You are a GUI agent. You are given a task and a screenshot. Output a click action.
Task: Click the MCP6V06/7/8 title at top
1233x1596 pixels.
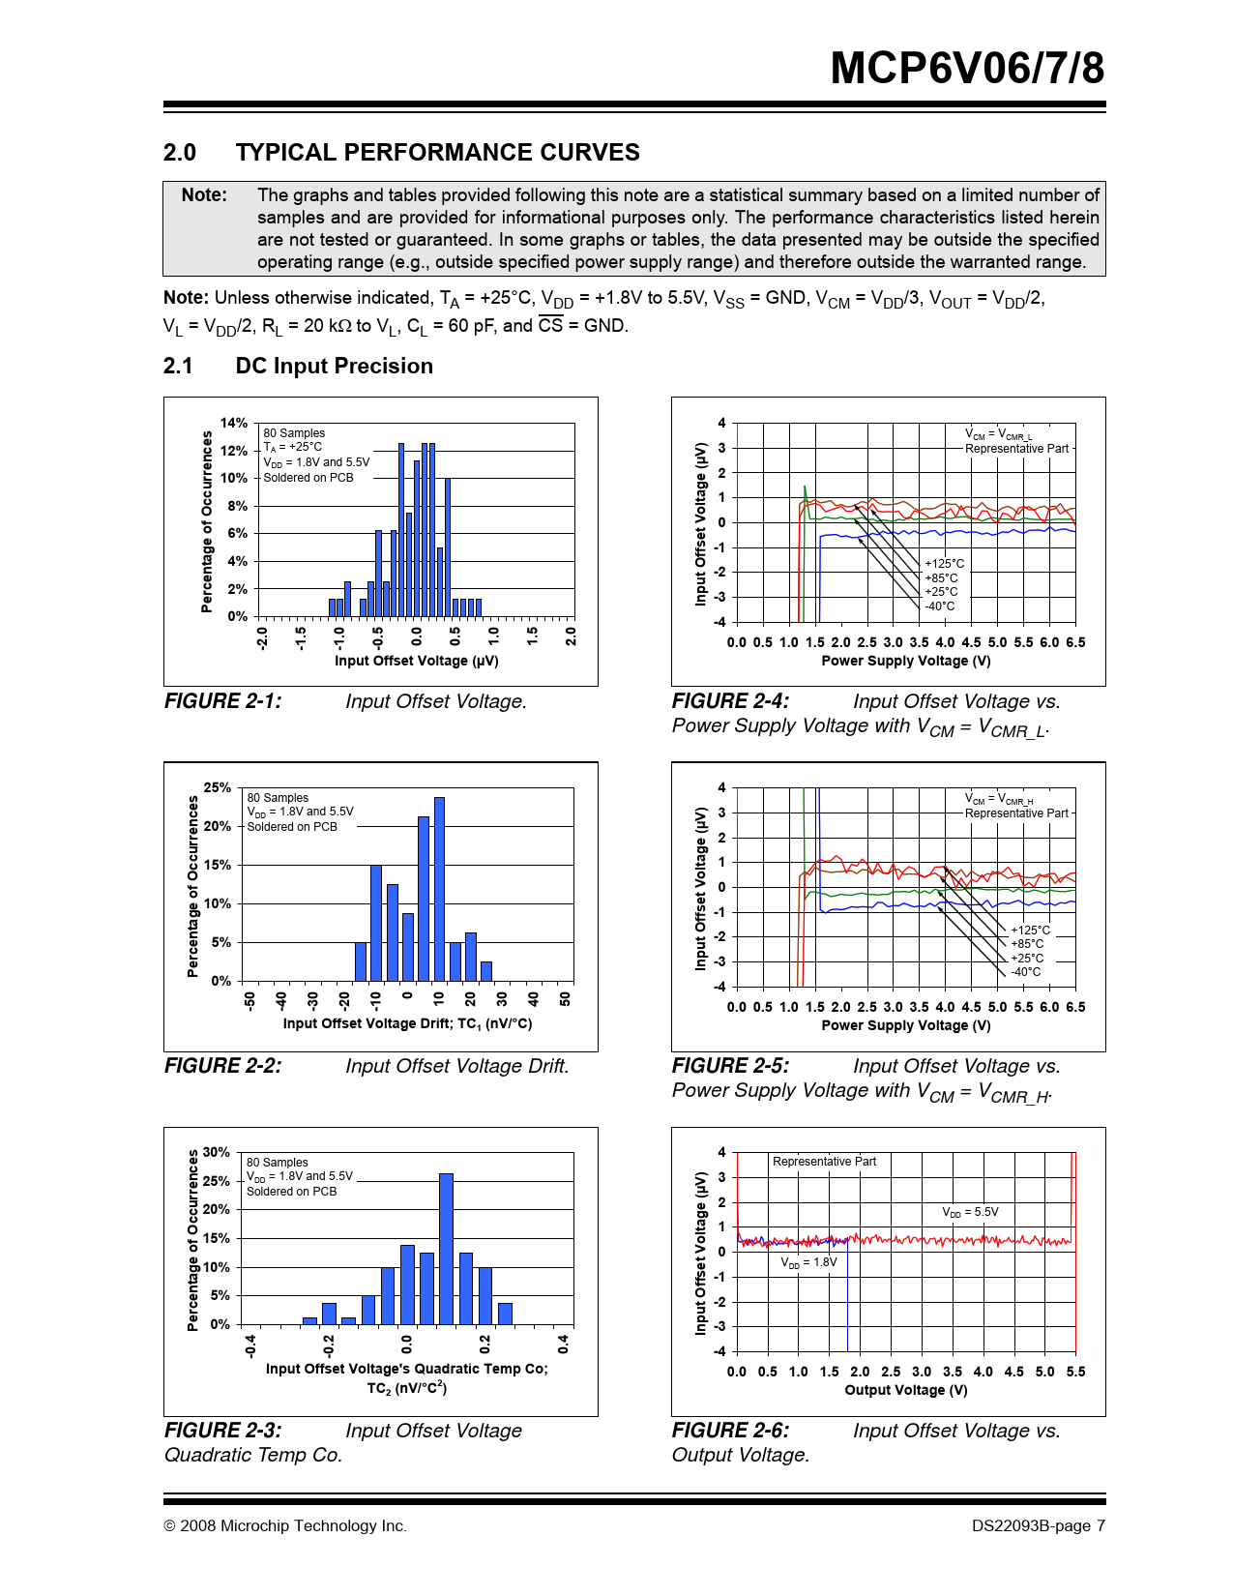967,69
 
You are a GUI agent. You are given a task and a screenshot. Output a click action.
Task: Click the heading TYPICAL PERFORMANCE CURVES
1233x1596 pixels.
437,153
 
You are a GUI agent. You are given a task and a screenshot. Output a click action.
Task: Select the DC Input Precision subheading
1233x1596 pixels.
334,367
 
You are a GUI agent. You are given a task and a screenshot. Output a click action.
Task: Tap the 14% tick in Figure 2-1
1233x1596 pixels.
234,424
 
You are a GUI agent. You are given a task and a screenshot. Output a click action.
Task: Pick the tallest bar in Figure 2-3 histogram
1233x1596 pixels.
446,1248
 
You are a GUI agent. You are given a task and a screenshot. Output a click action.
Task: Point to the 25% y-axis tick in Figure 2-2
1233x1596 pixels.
218,788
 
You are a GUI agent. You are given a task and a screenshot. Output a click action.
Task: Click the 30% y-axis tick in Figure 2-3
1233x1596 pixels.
217,1153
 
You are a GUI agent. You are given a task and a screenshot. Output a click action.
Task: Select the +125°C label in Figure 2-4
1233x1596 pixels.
944,564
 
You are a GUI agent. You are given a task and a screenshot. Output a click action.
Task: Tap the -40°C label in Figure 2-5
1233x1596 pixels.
1026,972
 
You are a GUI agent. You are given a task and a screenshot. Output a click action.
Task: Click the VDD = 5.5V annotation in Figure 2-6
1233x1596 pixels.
970,1212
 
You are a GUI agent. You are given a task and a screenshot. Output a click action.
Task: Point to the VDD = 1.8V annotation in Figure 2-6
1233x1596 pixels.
808,1262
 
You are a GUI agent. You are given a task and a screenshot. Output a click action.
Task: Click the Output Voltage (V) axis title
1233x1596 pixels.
905,1390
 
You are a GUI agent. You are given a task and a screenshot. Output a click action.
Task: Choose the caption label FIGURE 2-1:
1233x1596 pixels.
222,701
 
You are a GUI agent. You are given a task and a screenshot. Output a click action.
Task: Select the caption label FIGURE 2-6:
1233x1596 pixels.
730,1431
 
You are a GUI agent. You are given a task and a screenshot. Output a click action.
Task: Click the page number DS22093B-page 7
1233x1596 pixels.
1038,1526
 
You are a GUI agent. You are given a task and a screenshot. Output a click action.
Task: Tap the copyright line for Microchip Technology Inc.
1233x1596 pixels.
285,1526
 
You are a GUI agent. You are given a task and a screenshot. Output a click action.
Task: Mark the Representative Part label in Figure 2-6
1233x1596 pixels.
824,1162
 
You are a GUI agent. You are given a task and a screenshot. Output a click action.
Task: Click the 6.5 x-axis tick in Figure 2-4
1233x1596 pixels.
1075,642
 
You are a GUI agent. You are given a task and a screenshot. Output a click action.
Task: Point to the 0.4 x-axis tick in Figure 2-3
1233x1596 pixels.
564,1344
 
